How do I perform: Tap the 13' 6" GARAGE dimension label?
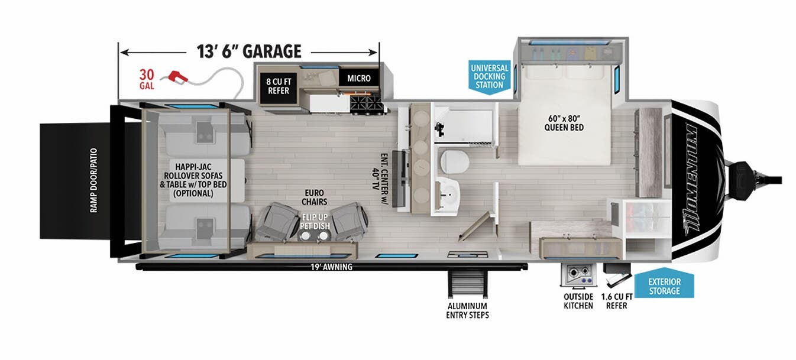coord(249,51)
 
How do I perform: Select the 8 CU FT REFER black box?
coord(279,86)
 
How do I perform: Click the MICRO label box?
coord(358,78)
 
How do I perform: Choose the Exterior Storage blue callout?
coord(664,284)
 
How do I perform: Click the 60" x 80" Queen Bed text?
coord(564,122)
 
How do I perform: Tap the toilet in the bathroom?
coord(454,162)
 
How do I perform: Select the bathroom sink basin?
coord(448,194)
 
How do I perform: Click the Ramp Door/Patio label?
coord(93,180)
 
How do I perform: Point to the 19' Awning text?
coord(331,267)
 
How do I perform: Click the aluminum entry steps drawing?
coord(467,284)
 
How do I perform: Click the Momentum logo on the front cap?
coord(691,180)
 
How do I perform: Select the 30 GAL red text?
coord(147,79)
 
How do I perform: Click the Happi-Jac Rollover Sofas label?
coord(193,180)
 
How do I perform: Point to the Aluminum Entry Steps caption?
coord(467,310)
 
